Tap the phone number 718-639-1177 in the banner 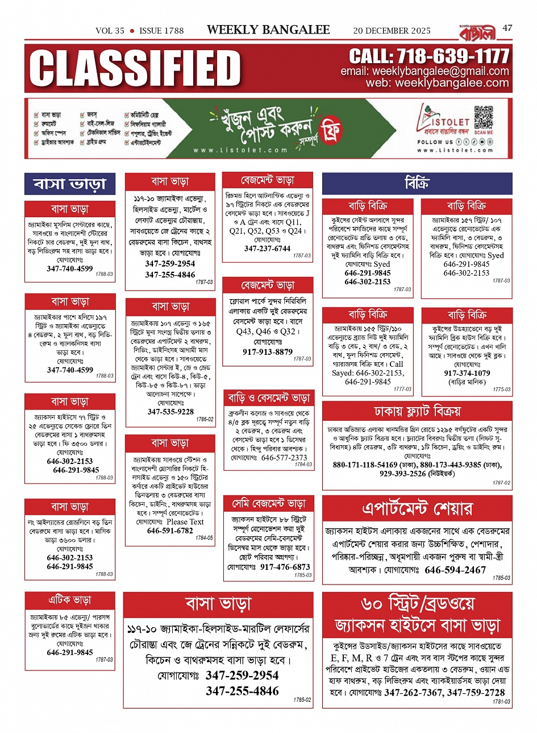tap(429, 56)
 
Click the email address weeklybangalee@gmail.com tap(424, 72)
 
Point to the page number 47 tap(507, 27)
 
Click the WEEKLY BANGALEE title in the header tap(268, 30)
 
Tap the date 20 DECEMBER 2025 tap(392, 31)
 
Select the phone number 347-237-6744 tap(267, 249)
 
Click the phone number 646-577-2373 tap(284, 457)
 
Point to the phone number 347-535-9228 tap(170, 412)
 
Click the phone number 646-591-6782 tap(170, 531)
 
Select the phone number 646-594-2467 tap(455, 570)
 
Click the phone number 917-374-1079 tap(467, 373)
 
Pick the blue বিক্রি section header tap(417, 184)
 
